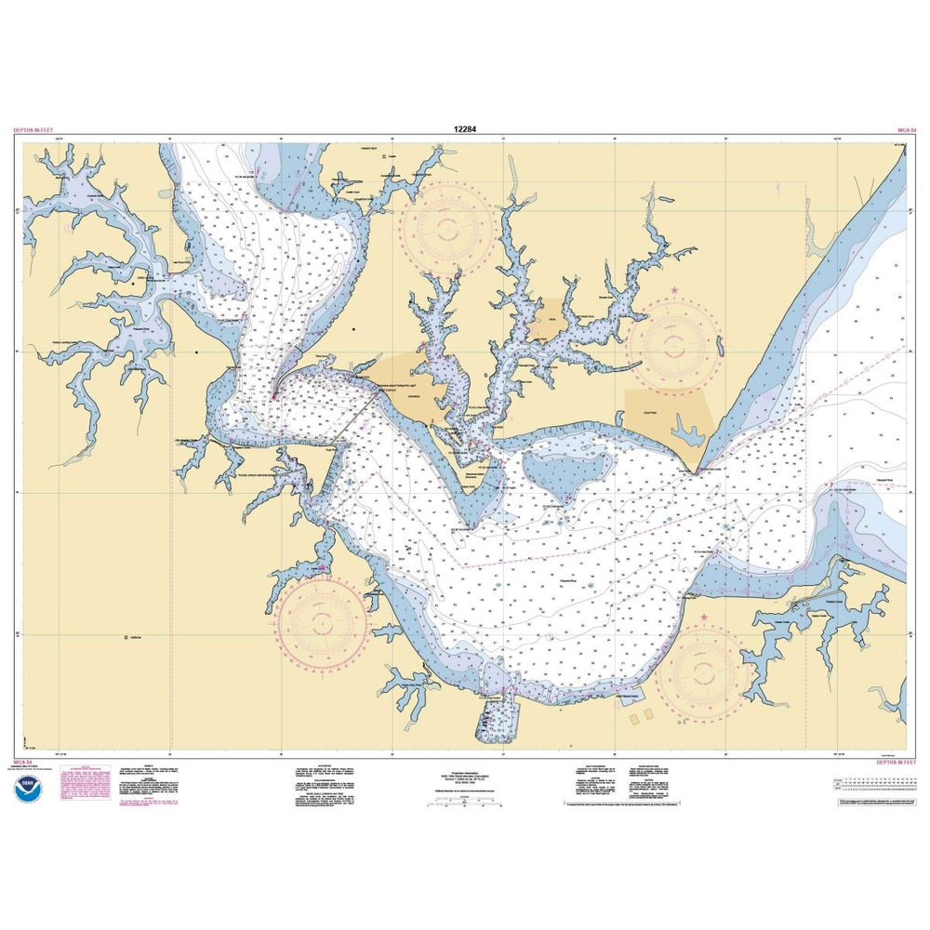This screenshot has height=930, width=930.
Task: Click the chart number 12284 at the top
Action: pyautogui.click(x=466, y=130)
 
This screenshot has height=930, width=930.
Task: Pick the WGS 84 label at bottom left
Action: pyautogui.click(x=24, y=762)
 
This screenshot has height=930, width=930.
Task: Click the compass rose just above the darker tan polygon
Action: pyautogui.click(x=674, y=344)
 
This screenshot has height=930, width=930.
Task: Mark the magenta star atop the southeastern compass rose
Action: pyautogui.click(x=703, y=618)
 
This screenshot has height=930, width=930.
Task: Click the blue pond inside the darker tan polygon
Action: pyautogui.click(x=689, y=432)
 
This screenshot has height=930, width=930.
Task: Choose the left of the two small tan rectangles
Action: pyautogui.click(x=635, y=718)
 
